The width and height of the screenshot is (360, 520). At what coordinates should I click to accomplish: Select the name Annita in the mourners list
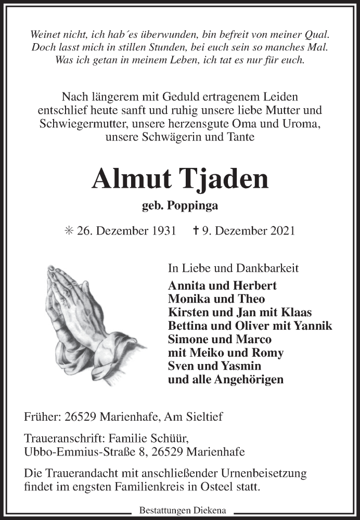[186, 285]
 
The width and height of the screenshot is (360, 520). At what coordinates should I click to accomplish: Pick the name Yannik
[314, 326]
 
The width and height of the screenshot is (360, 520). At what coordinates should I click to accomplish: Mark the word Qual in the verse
[318, 34]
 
